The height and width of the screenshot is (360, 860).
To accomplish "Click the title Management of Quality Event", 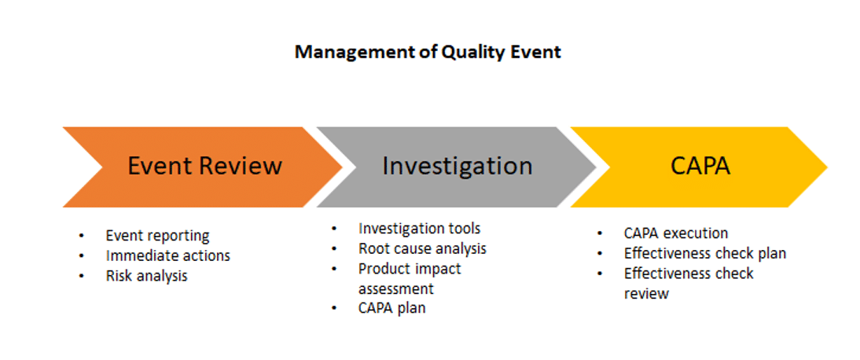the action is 428,53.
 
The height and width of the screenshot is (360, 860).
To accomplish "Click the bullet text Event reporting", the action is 157,236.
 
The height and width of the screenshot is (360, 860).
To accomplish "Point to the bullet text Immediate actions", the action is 167,255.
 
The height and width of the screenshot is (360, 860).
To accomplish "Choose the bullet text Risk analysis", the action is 146,275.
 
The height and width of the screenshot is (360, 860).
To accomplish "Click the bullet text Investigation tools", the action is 420,228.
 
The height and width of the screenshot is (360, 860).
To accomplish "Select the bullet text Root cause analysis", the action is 422,248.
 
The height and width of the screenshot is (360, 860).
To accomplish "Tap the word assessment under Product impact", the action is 396,288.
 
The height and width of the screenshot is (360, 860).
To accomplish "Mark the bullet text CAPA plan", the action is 391,308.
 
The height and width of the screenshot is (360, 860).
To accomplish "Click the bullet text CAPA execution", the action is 676,233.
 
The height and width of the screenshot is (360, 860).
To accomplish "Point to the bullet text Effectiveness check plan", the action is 705,254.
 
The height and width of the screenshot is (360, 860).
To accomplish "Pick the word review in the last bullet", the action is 646,294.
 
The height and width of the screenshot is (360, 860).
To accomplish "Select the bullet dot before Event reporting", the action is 82,237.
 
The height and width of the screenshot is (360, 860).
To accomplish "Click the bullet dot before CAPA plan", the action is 335,308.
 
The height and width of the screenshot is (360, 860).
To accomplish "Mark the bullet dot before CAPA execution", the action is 600,233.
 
